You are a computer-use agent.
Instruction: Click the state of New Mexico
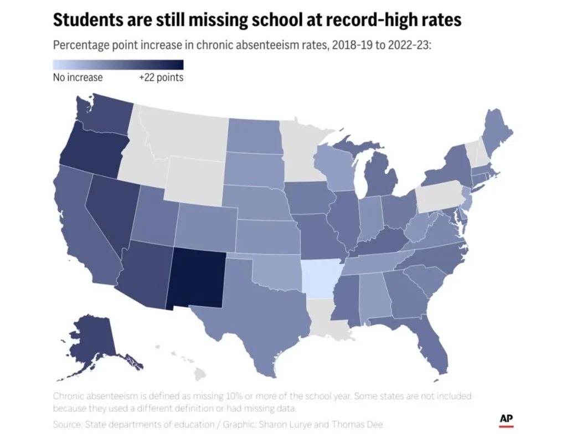(x=198, y=277)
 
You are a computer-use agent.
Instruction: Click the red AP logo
(x=506, y=420)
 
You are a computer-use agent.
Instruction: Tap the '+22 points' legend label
(x=161, y=78)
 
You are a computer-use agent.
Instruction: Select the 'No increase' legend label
(x=78, y=78)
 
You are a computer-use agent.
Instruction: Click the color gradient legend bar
(x=118, y=64)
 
